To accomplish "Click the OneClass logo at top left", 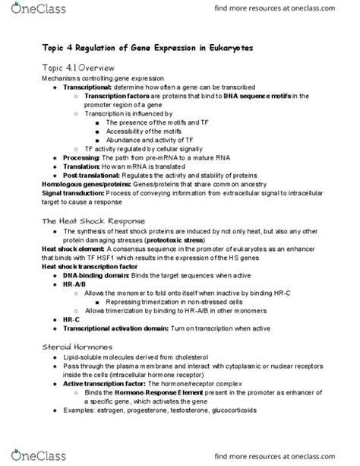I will [x=29, y=11].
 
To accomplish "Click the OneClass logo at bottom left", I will [x=29, y=455].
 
